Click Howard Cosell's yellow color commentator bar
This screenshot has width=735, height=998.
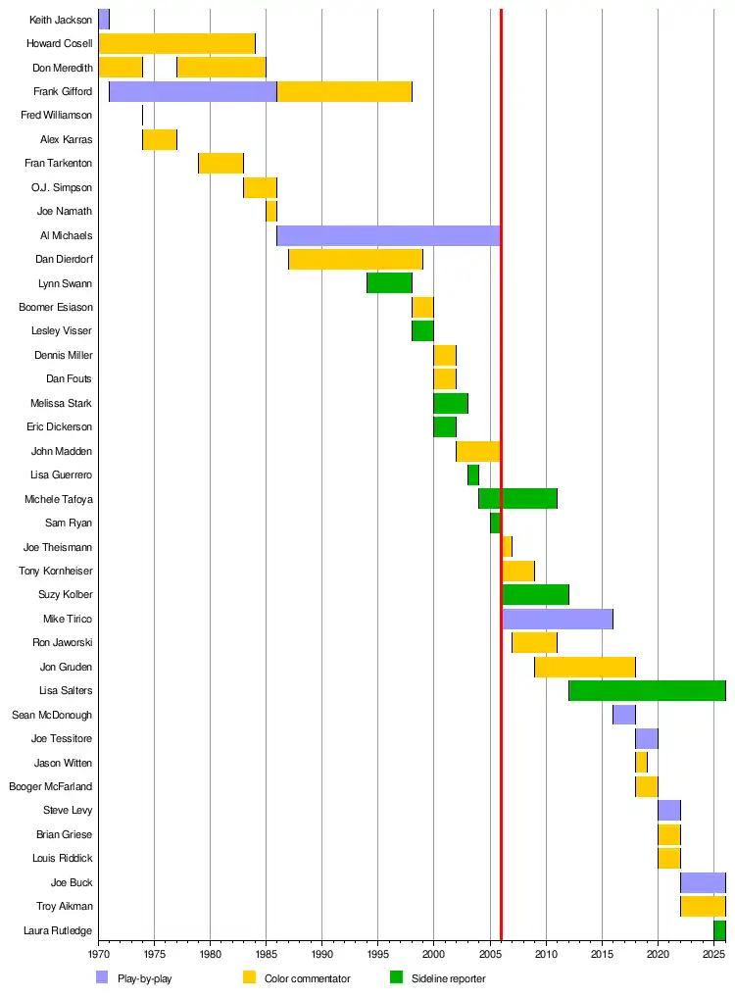(176, 43)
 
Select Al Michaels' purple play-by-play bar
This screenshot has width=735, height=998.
(388, 235)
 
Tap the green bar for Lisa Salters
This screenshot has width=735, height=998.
(647, 690)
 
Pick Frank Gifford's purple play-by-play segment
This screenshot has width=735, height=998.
(192, 91)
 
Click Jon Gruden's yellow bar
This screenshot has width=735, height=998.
(584, 667)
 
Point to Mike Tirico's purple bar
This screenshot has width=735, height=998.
(557, 619)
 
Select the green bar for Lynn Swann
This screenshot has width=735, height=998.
(389, 283)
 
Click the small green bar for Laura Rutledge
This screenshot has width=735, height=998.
(719, 929)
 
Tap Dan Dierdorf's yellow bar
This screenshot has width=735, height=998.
(355, 259)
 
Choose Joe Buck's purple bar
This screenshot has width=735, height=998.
(703, 882)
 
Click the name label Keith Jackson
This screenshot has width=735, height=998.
(61, 20)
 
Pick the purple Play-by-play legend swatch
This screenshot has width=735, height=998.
(102, 977)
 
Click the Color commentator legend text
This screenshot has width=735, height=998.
(307, 978)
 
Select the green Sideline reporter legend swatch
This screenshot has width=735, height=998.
(396, 977)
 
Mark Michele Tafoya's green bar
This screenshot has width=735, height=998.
(517, 499)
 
